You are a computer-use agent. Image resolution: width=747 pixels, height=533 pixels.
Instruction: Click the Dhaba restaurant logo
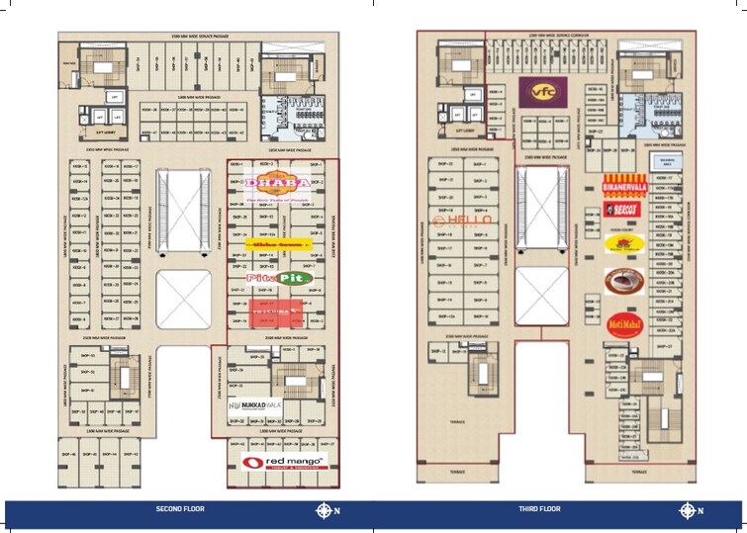point(278,184)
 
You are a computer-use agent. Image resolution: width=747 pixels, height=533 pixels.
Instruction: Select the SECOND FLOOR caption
point(180,509)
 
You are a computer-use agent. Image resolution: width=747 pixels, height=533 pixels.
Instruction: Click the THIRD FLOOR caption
point(539,509)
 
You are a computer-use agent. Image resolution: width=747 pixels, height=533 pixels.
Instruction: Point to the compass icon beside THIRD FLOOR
point(687,510)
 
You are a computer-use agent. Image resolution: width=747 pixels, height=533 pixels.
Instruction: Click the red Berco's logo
point(624,210)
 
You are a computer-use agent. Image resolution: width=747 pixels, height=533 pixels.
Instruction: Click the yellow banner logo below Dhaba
point(278,242)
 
